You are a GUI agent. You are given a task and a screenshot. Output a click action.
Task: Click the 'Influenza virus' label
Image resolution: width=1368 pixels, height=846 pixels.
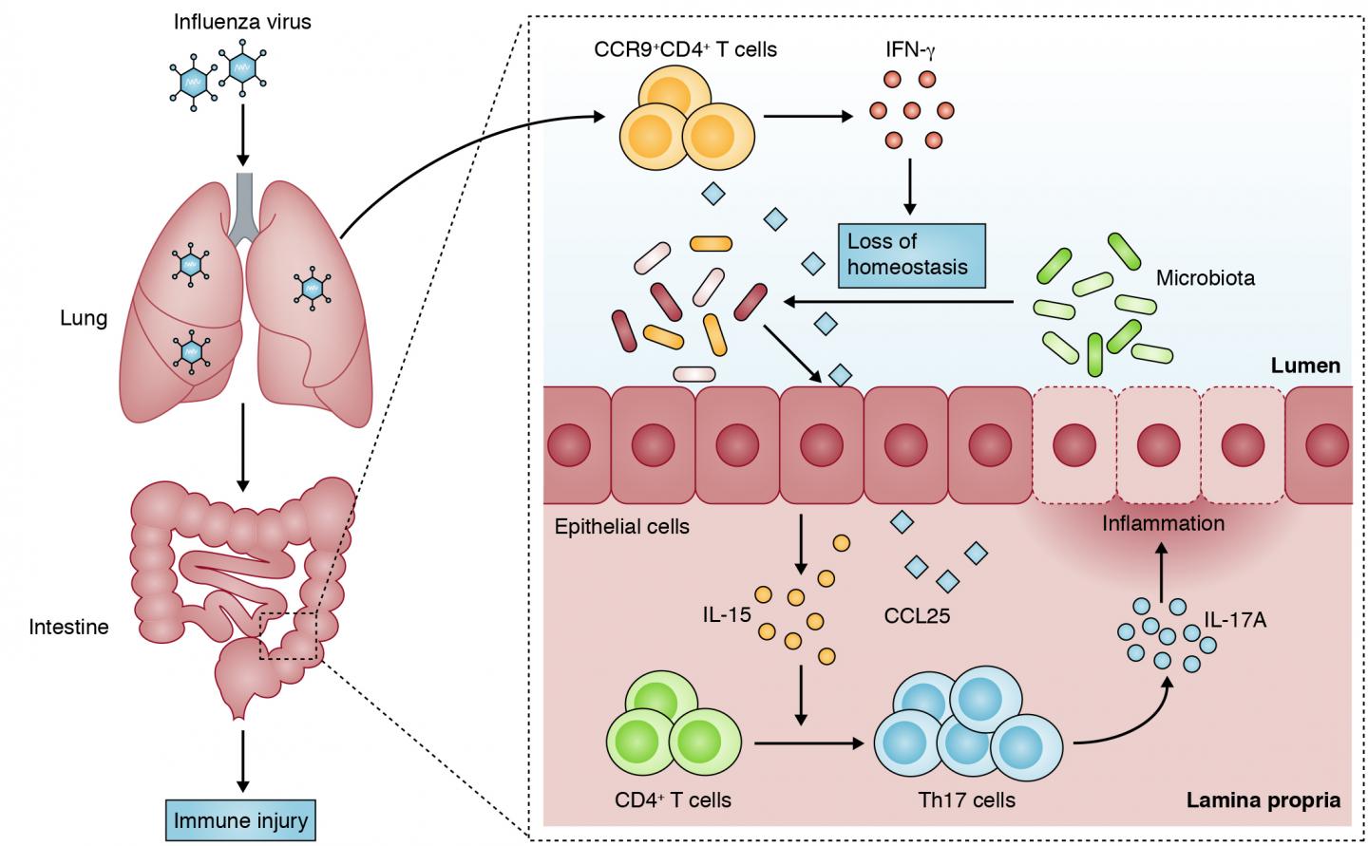(242, 21)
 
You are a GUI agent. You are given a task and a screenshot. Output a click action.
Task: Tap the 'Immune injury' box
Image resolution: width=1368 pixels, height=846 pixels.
(241, 819)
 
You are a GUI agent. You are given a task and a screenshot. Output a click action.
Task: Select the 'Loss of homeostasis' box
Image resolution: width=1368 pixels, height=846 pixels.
(910, 254)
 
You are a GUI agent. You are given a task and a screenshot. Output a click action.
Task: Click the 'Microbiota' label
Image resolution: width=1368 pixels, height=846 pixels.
(1205, 278)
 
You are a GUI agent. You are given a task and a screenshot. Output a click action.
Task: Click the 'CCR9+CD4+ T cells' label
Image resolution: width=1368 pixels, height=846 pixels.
(685, 48)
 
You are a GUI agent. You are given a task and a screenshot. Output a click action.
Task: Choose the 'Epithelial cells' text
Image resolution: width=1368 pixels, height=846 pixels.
(622, 526)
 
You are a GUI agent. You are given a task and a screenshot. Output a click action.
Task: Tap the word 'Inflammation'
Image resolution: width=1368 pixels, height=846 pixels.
(1163, 523)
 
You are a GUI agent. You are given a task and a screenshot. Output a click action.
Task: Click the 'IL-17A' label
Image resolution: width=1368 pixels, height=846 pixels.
(1235, 621)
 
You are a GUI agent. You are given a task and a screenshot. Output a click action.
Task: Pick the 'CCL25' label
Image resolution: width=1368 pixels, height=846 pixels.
(917, 616)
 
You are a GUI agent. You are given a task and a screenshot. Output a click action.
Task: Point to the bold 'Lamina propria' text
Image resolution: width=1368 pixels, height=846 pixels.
(1263, 799)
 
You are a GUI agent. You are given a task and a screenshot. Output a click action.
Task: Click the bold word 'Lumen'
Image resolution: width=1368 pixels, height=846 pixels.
(1305, 366)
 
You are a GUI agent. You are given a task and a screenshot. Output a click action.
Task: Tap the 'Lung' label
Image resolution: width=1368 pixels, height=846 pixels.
(84, 318)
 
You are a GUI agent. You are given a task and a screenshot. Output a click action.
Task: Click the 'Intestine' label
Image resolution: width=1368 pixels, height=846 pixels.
(68, 627)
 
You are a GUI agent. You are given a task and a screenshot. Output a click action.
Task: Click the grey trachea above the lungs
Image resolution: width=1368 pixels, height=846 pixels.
(244, 205)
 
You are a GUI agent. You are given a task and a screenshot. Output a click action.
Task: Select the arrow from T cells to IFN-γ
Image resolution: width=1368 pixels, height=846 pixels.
(807, 118)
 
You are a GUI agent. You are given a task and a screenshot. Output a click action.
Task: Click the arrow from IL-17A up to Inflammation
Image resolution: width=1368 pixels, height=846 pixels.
(1161, 572)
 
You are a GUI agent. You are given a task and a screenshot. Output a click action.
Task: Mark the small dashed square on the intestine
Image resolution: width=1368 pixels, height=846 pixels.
(291, 635)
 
